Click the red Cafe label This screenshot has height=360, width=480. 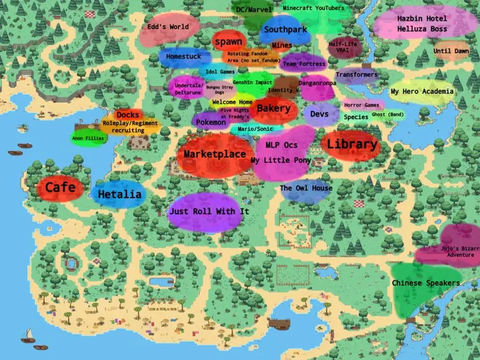[x=60, y=188]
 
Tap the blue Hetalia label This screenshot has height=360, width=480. [x=119, y=195]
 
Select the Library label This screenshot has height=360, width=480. [x=352, y=145]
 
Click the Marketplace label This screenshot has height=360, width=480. [x=214, y=155]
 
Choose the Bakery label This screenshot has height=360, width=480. [x=273, y=109]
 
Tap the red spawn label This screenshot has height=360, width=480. [x=228, y=42]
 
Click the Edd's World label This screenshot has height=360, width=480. [x=168, y=28]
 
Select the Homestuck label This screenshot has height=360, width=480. [x=183, y=57]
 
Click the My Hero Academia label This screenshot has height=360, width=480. [x=422, y=92]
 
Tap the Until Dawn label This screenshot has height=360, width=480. [x=451, y=51]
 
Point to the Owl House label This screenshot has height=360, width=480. [x=306, y=189]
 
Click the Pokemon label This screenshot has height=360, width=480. [x=210, y=122]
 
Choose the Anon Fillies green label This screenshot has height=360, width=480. [x=88, y=138]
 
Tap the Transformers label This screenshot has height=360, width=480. [x=356, y=75]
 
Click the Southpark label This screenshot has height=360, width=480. [x=285, y=30]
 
